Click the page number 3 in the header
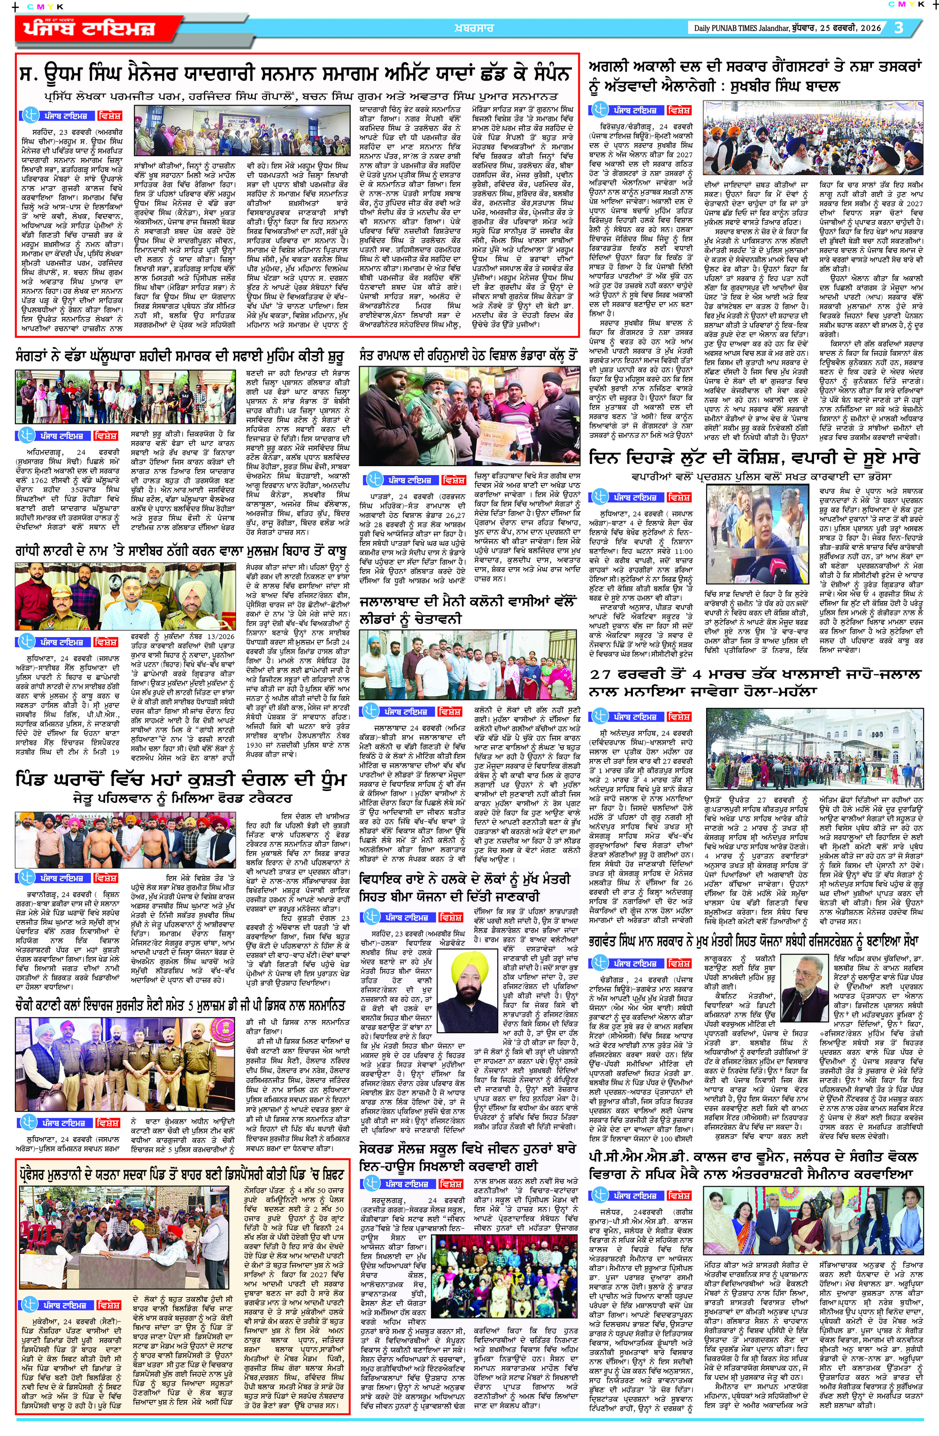[899, 28]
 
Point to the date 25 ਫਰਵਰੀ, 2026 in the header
[845, 28]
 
